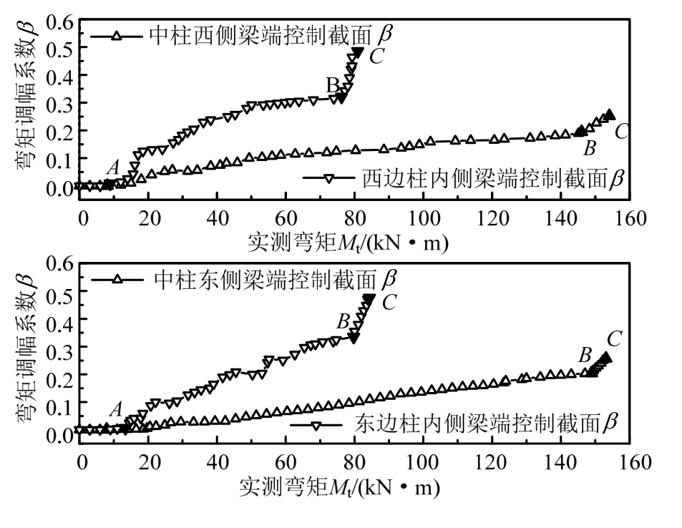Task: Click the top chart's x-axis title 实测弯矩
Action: click(347, 244)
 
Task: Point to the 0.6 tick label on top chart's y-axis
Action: click(58, 21)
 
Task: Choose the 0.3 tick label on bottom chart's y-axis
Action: click(58, 347)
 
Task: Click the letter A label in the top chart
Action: click(112, 167)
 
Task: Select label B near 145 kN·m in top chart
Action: click(590, 149)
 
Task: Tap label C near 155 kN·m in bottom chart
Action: click(613, 338)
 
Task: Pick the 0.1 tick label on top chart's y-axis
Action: click(58, 158)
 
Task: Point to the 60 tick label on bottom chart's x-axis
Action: click(286, 461)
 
